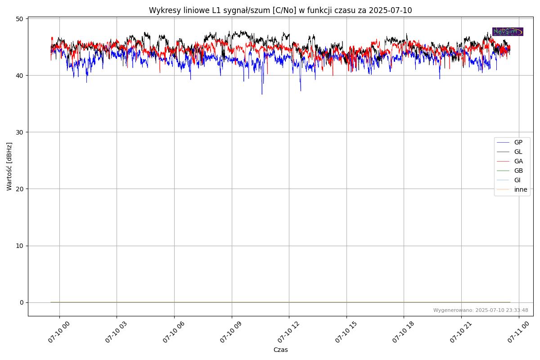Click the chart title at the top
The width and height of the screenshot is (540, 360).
click(280, 10)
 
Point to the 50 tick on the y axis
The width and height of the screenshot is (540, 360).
click(19, 18)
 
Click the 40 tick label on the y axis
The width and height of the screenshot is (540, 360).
click(19, 75)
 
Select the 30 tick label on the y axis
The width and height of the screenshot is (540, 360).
click(19, 132)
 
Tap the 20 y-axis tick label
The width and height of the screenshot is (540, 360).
click(19, 189)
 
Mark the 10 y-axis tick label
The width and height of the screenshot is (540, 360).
click(19, 246)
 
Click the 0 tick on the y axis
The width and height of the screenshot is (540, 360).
click(21, 302)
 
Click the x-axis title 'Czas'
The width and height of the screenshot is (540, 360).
click(280, 350)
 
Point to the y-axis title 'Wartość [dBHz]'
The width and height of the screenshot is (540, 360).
click(9, 166)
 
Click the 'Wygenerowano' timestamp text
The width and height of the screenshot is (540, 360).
click(481, 310)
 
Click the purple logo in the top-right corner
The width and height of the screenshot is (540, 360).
click(508, 31)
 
